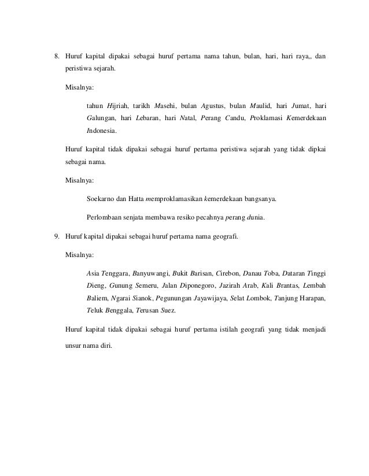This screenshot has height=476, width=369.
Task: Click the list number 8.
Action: [x=56, y=57]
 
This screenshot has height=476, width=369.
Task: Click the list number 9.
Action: [x=56, y=236]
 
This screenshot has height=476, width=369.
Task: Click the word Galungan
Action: [x=99, y=118]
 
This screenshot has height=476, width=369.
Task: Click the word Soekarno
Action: [x=100, y=200]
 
